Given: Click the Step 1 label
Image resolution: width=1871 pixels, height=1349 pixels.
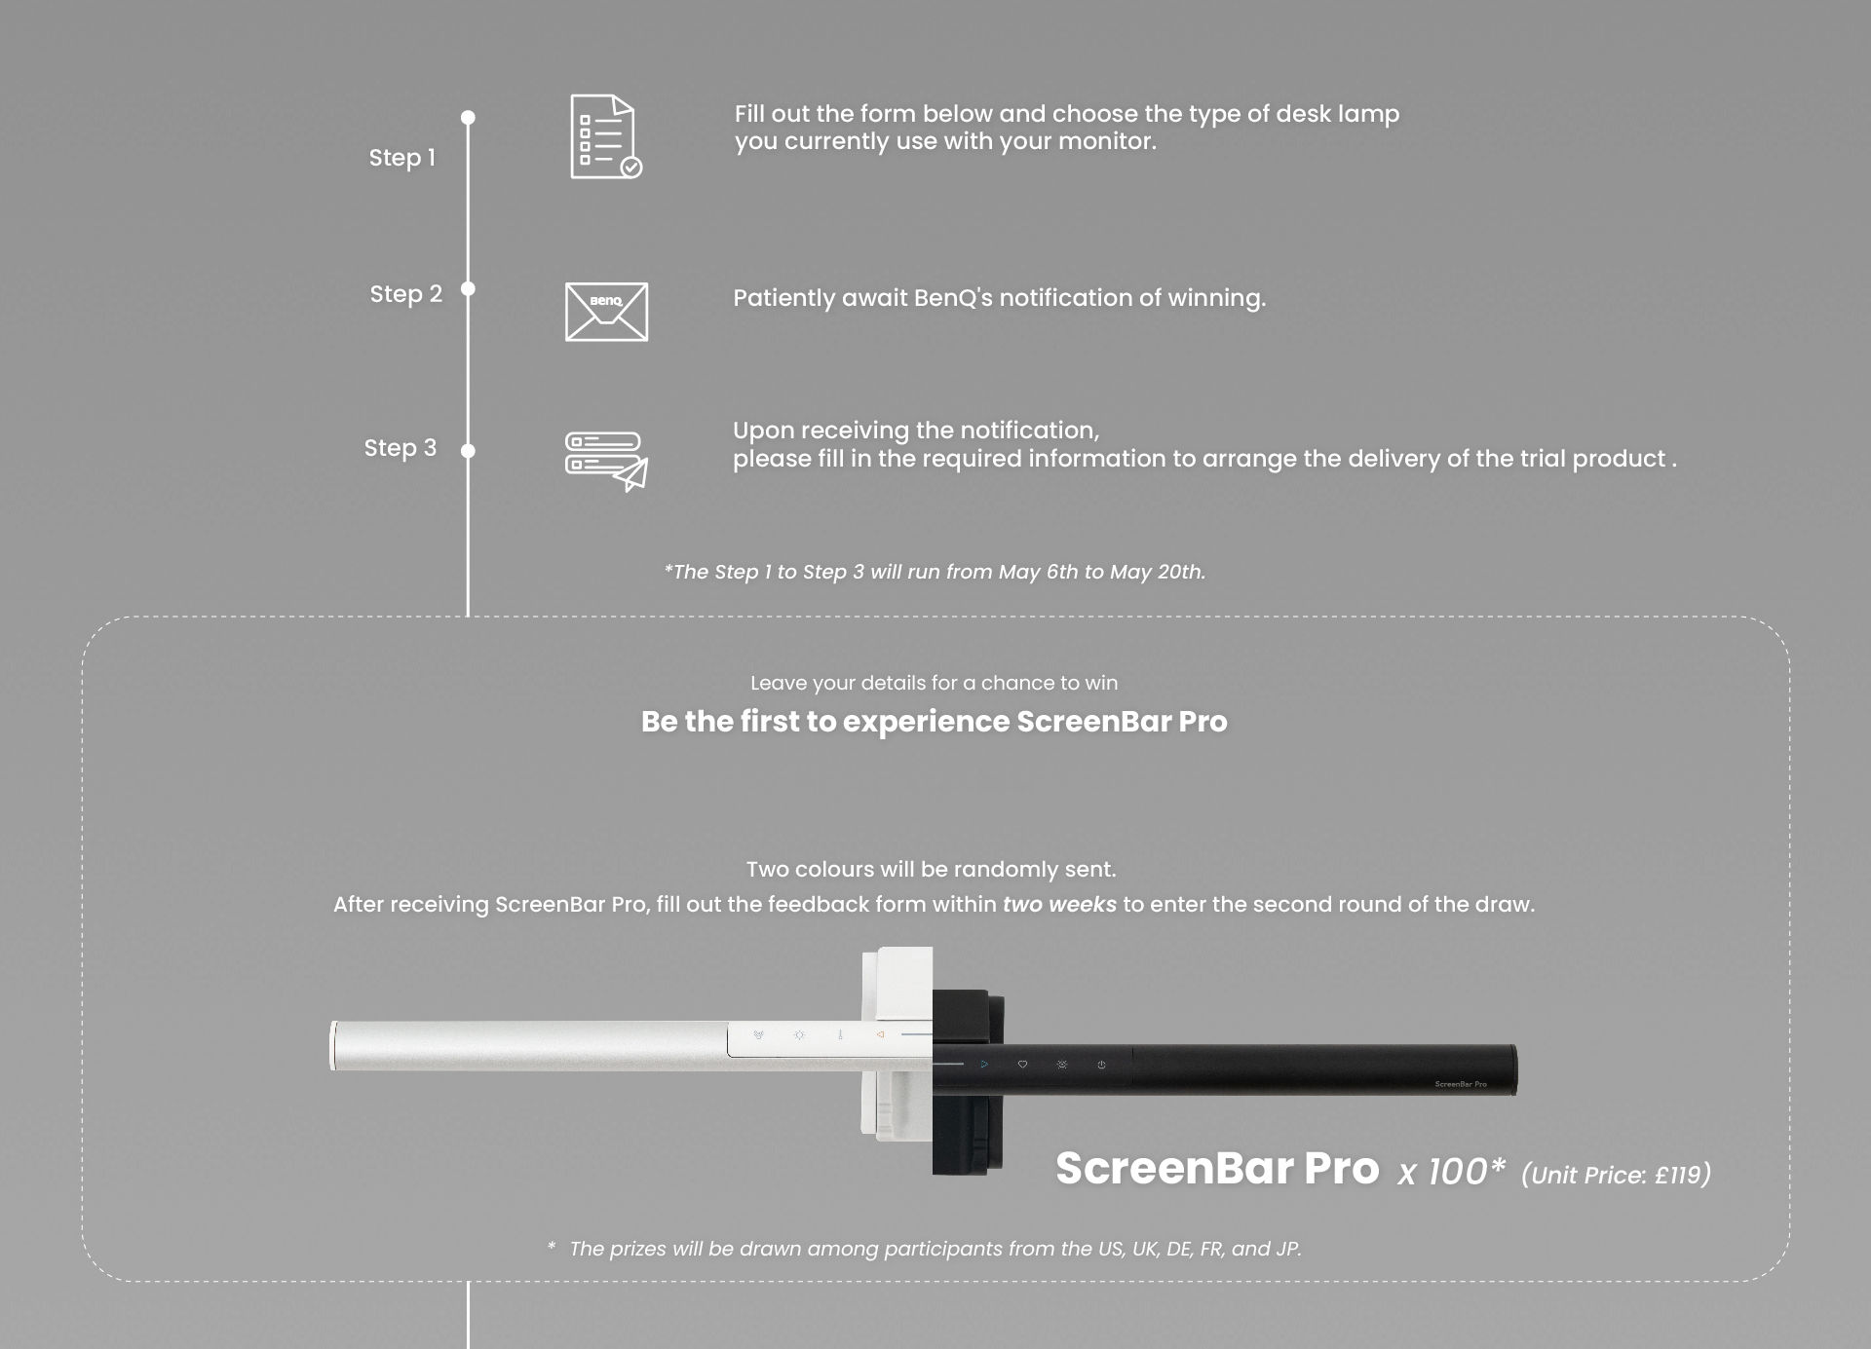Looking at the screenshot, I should (x=401, y=158).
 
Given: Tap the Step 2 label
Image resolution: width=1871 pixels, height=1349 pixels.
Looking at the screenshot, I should (x=405, y=294).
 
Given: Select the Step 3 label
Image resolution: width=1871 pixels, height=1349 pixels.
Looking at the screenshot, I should (x=400, y=448).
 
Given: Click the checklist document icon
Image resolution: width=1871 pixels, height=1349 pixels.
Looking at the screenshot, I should (x=605, y=137).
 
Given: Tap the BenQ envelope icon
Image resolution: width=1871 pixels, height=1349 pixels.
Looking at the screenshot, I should (x=606, y=312).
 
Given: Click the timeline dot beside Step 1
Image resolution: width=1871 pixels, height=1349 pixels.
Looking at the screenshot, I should (x=468, y=118).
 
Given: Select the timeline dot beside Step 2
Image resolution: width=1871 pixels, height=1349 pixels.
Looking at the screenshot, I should (x=468, y=289).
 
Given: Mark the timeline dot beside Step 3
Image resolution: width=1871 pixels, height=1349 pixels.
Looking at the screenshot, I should (x=468, y=451).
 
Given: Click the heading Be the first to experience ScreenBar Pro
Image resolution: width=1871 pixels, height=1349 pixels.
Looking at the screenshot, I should (x=934, y=722).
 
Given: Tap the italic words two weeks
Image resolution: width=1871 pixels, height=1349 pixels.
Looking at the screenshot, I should (x=1059, y=905).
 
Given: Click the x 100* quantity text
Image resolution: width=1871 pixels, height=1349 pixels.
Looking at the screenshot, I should (x=1451, y=1172).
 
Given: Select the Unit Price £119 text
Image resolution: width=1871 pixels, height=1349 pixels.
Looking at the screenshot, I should (x=1616, y=1176).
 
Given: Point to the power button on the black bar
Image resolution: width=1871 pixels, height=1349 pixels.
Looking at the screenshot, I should (x=1101, y=1066).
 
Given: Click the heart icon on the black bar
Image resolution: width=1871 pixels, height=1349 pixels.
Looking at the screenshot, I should (x=1022, y=1065).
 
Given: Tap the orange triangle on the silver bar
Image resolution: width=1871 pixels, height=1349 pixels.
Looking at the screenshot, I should (x=880, y=1035).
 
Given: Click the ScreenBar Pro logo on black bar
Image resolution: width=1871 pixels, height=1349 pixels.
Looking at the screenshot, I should (x=1460, y=1084).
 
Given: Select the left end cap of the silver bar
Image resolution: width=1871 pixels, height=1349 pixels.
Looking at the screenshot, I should (x=334, y=1046).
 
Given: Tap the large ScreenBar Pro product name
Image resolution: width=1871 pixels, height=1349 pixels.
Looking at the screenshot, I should (x=1217, y=1169).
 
